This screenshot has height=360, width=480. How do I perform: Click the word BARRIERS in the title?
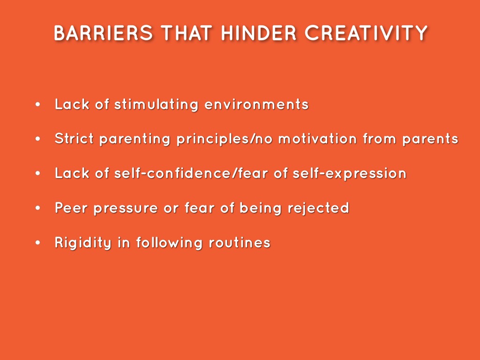pyautogui.click(x=103, y=33)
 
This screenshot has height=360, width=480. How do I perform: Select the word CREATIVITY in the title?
pyautogui.click(x=366, y=33)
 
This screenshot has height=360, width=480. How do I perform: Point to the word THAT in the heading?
pyautogui.click(x=187, y=33)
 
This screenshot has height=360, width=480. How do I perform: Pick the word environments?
pyautogui.click(x=257, y=104)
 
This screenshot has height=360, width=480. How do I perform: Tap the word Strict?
pyautogui.click(x=75, y=139)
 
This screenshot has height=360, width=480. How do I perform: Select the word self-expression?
pyautogui.click(x=349, y=174)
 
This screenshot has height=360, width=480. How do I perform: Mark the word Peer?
pyautogui.click(x=72, y=208)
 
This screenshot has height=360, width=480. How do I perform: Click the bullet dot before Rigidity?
pyautogui.click(x=38, y=243)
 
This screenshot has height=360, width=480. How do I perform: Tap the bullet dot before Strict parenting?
pyautogui.click(x=38, y=139)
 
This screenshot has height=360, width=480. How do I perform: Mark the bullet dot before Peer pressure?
pyautogui.click(x=38, y=208)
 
